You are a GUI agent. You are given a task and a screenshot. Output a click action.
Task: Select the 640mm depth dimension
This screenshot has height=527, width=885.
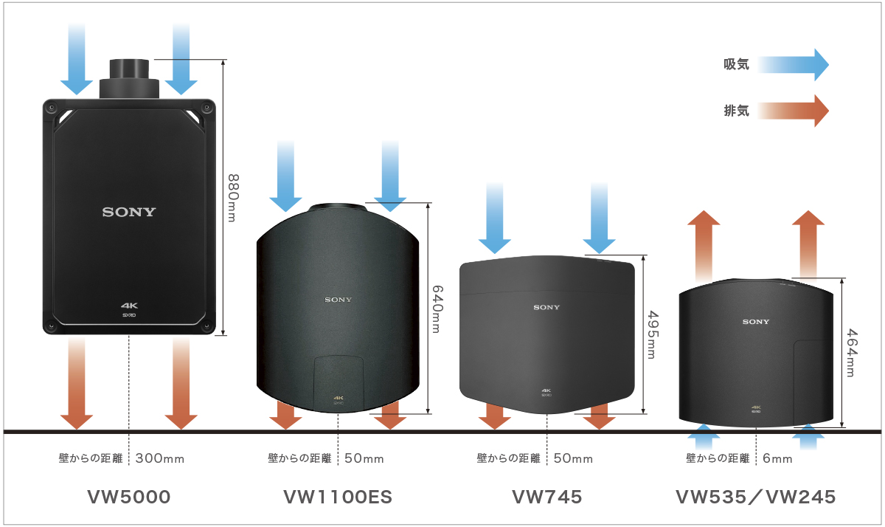pyautogui.click(x=437, y=309)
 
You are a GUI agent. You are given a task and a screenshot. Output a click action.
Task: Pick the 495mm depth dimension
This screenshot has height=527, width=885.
pyautogui.click(x=651, y=334)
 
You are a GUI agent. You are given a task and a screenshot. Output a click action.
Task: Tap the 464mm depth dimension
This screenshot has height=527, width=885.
pyautogui.click(x=851, y=353)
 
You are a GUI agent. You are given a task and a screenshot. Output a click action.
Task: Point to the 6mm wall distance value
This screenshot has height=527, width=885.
pyautogui.click(x=778, y=459)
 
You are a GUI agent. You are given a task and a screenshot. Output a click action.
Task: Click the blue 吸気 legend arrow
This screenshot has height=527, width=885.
pyautogui.click(x=793, y=65)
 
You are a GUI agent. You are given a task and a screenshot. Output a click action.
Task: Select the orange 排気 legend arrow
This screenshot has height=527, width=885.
pyautogui.click(x=793, y=111)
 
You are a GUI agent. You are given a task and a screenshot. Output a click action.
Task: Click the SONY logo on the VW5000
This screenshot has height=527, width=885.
pyautogui.click(x=129, y=213)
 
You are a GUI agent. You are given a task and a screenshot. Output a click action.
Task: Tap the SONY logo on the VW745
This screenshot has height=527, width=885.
pyautogui.click(x=547, y=307)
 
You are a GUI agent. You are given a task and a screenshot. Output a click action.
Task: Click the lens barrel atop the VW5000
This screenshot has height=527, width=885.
pyautogui.click(x=129, y=77)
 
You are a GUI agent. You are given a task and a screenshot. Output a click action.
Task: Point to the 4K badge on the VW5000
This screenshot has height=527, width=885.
pyautogui.click(x=130, y=305)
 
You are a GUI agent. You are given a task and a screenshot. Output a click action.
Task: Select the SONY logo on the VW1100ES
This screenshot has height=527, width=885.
pyautogui.click(x=339, y=300)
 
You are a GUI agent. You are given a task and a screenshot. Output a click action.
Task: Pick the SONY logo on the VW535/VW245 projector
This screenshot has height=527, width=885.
pyautogui.click(x=756, y=322)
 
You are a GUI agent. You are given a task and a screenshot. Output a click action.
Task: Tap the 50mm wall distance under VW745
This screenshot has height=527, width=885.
pyautogui.click(x=573, y=459)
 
